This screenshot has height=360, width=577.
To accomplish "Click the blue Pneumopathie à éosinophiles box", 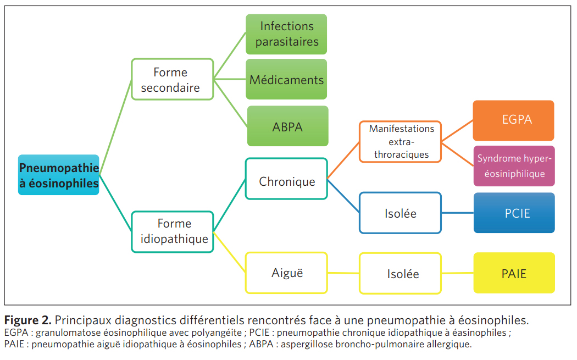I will (59, 175).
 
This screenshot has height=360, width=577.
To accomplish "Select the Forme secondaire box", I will (173, 79).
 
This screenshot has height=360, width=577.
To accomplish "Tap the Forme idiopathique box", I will (173, 231).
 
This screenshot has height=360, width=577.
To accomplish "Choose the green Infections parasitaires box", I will (286, 34).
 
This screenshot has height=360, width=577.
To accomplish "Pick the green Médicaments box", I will (286, 80).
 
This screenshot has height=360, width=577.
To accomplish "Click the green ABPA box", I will (287, 126).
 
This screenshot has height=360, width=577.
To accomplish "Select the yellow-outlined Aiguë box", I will (286, 272).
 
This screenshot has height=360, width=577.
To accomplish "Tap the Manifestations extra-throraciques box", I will (401, 142).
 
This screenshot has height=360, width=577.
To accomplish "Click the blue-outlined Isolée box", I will (401, 213).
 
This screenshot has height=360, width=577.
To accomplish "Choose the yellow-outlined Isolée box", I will (400, 273).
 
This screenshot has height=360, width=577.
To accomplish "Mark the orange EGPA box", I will (514, 120).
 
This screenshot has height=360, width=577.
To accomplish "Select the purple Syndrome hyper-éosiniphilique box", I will (514, 166).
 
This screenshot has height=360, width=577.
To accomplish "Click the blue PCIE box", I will (514, 213).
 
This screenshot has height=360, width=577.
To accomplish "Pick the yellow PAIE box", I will (514, 273).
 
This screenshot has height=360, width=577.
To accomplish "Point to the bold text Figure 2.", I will (27, 320).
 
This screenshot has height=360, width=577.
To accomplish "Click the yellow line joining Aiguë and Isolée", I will (343, 273).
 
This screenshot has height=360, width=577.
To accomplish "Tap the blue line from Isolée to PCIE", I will (457, 213).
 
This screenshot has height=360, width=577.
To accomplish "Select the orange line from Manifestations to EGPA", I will (457, 131).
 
